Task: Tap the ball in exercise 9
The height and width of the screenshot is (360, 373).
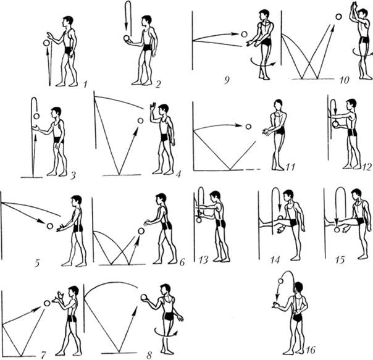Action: (244, 35)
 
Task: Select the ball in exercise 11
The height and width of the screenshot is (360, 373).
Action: (248, 126)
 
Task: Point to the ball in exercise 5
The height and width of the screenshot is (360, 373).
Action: (50, 226)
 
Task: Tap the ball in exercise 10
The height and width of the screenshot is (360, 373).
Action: (337, 16)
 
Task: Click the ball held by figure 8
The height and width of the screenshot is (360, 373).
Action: (145, 299)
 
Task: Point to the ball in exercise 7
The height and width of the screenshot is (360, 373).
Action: (46, 303)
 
